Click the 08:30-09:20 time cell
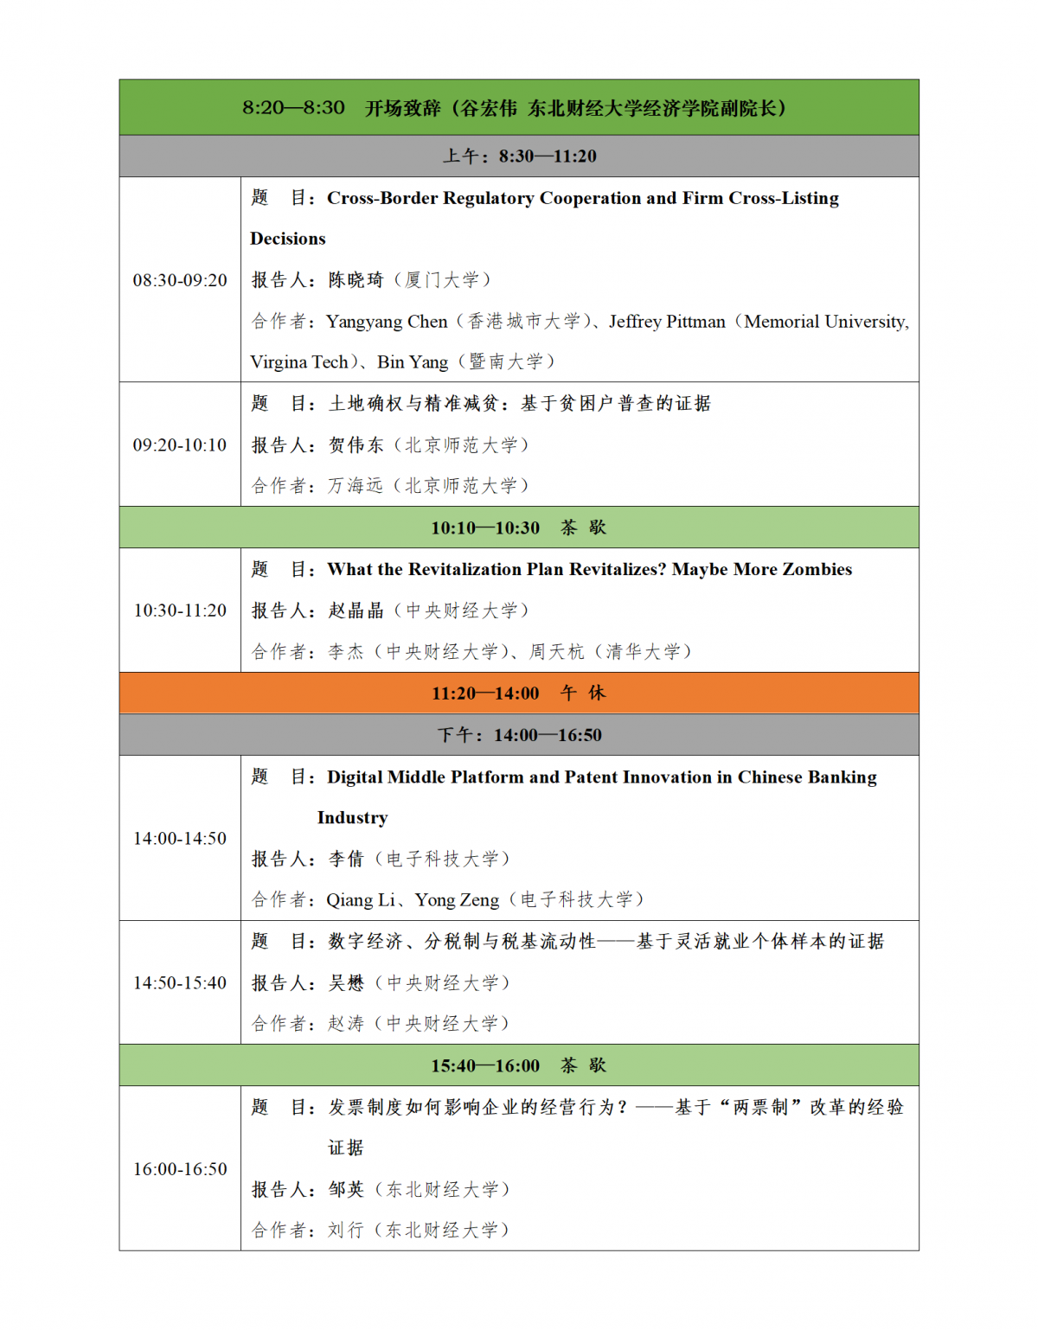[x=180, y=280]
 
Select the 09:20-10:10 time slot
[x=180, y=445]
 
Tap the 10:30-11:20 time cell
[x=180, y=611]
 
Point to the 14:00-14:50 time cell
[x=180, y=839]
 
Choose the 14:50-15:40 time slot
[x=180, y=983]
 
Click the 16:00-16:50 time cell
[x=180, y=1169]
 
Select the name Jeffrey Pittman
[x=667, y=322]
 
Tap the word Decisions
[x=288, y=239]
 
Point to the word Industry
[x=352, y=818]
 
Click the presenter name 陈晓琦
[x=356, y=280]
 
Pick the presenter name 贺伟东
[x=356, y=445]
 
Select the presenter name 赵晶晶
[x=356, y=611]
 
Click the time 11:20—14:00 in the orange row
[x=485, y=694]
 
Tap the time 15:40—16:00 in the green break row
[x=485, y=1066]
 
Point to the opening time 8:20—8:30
[x=293, y=108]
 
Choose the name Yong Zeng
[x=457, y=900]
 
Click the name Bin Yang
[x=413, y=362]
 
